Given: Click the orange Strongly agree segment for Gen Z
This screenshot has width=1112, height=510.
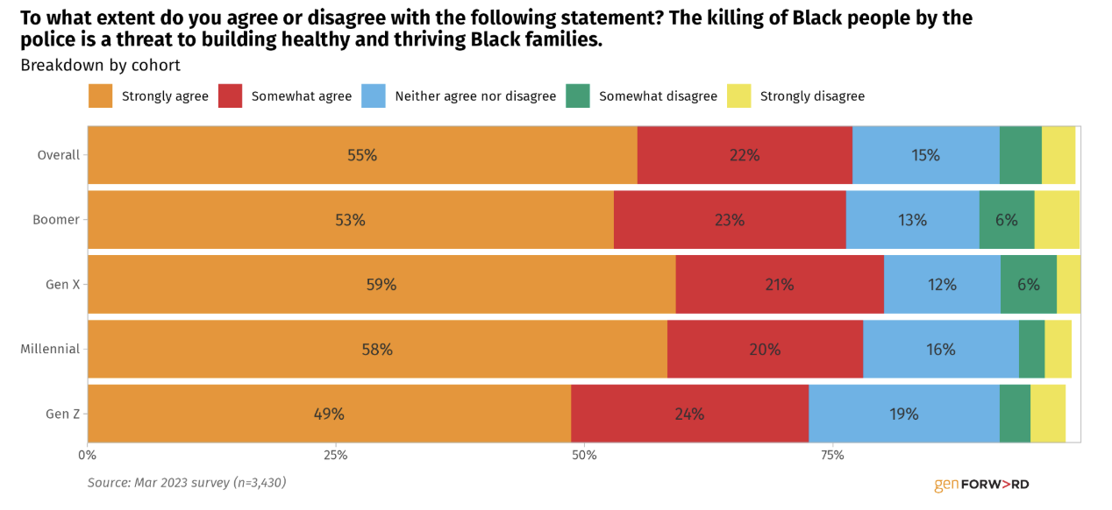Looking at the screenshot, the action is [330, 414].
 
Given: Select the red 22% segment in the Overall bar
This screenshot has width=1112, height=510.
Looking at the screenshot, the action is [745, 155].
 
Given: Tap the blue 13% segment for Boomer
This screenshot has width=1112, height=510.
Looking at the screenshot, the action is [913, 220].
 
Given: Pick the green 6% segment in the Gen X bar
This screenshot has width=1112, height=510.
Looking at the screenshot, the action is [1029, 284].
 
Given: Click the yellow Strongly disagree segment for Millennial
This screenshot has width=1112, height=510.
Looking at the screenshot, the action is [1059, 350].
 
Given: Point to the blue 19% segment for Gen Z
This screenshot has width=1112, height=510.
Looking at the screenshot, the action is [904, 414].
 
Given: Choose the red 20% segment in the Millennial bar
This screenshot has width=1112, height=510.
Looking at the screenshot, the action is [766, 350].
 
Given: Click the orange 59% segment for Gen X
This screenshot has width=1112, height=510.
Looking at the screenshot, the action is [381, 284].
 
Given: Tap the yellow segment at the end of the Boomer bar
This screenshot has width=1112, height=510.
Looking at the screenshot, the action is [1058, 220].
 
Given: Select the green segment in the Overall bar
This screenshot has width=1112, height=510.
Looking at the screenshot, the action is [1021, 155].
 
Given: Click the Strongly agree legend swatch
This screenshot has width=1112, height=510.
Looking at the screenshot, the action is [100, 96].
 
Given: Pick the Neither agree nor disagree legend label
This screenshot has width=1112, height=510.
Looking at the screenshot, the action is [475, 96].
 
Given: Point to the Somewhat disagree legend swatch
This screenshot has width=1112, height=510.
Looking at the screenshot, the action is [578, 96].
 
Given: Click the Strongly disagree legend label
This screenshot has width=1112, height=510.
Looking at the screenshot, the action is [813, 96].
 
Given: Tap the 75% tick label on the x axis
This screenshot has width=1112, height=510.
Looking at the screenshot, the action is [832, 455].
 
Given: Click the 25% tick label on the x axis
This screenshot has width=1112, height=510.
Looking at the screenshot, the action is [336, 455].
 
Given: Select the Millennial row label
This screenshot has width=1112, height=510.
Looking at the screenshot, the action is [50, 350].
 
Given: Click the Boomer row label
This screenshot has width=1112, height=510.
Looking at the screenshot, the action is [56, 220].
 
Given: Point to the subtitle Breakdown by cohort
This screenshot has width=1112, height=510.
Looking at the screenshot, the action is [100, 66].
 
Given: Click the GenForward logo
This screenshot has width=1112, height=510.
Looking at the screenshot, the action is [981, 485].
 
